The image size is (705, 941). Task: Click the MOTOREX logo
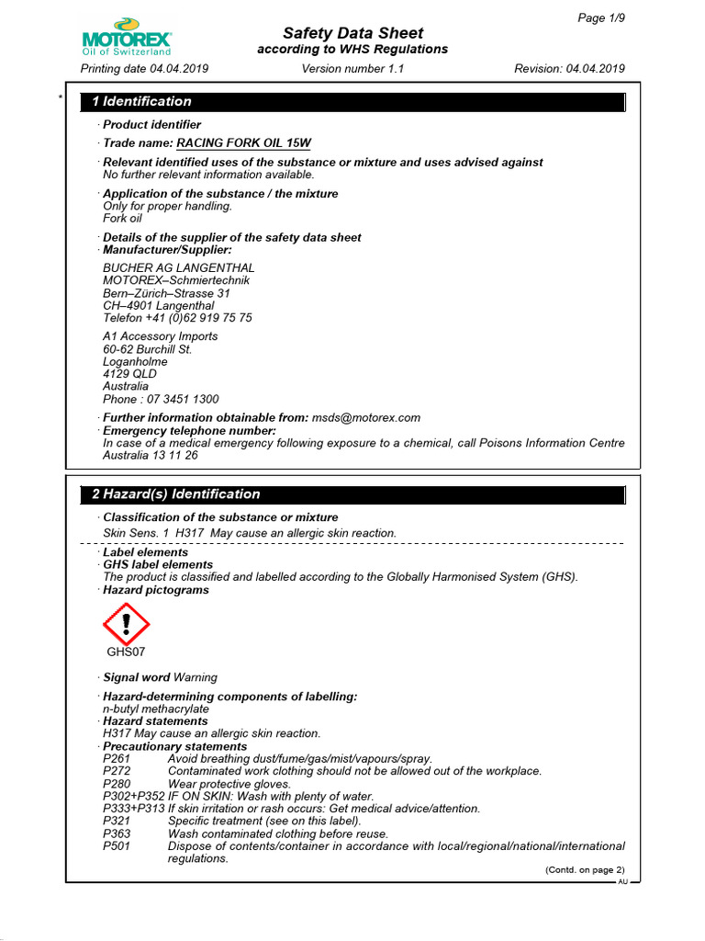pyautogui.click(x=127, y=39)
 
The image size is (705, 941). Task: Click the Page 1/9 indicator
pyautogui.click(x=601, y=18)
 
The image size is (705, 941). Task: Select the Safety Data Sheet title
pyautogui.click(x=352, y=33)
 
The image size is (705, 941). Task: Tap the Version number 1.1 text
pyautogui.click(x=352, y=69)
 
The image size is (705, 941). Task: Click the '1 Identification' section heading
pyautogui.click(x=141, y=101)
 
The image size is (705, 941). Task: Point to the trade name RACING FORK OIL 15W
pyautogui.click(x=243, y=143)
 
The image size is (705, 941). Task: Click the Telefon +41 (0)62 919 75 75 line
pyautogui.click(x=177, y=318)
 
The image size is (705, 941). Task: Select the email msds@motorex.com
pyautogui.click(x=365, y=417)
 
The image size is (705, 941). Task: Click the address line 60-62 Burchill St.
pyautogui.click(x=147, y=349)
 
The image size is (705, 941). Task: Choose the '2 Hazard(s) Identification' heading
pyautogui.click(x=175, y=493)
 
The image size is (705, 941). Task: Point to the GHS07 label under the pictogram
pyautogui.click(x=126, y=652)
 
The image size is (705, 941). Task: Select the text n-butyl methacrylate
pyautogui.click(x=156, y=709)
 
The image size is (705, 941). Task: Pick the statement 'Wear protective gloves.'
pyautogui.click(x=229, y=784)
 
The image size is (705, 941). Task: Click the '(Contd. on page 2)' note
pyautogui.click(x=585, y=870)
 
